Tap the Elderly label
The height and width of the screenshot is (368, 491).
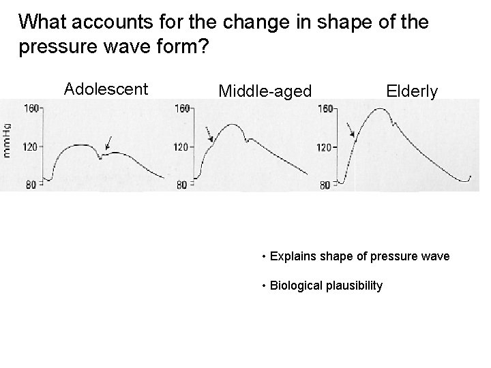[x=412, y=91]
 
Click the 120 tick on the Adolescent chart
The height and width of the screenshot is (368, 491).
[x=31, y=146]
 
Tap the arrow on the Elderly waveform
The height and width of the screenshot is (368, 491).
[x=350, y=129]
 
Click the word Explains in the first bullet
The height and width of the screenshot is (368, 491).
[x=290, y=257]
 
